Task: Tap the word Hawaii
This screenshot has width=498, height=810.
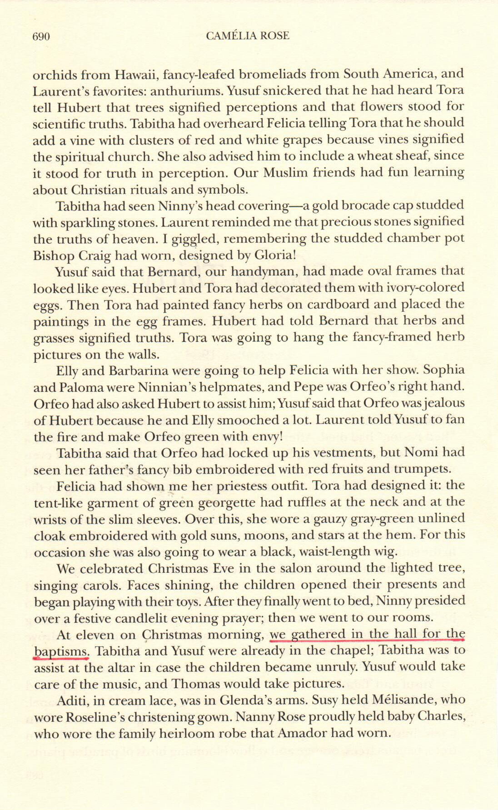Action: tap(135, 74)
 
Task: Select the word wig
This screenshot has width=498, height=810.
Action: tap(386, 552)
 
